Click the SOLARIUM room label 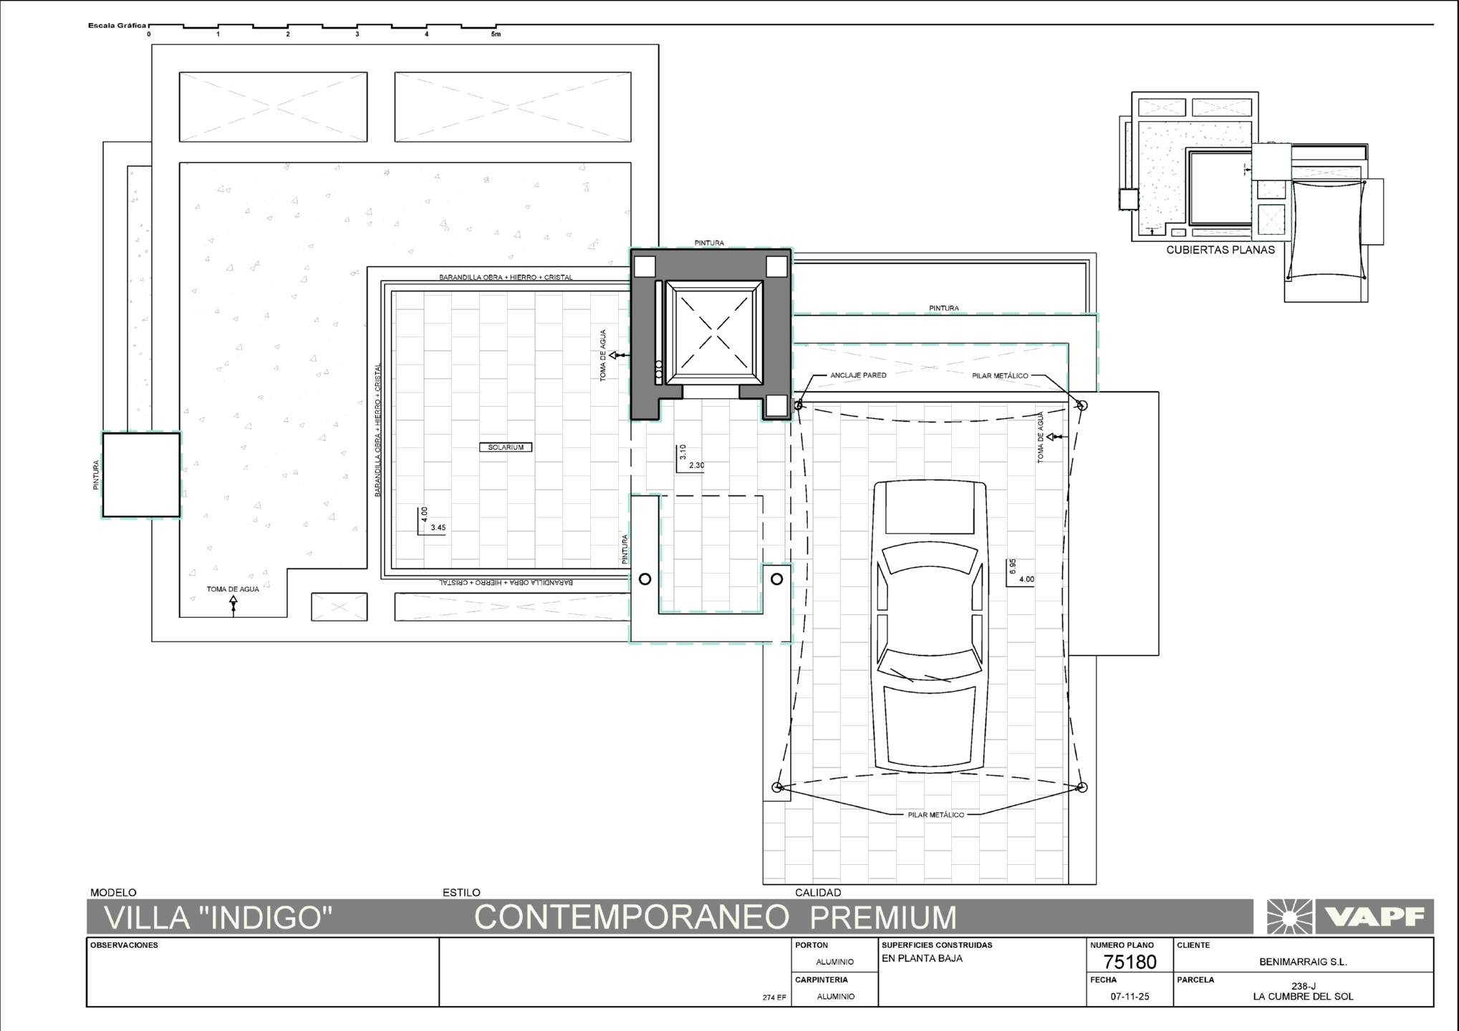[506, 447]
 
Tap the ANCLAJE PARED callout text [858, 375]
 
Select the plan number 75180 [1130, 962]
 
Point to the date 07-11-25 [1130, 997]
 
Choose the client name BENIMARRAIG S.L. [1303, 962]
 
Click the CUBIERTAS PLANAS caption [1220, 250]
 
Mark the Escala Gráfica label [117, 26]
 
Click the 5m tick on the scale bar [496, 34]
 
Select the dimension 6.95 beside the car [1013, 567]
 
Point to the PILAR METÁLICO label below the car [935, 815]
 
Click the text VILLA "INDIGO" [218, 917]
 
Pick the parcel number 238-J [1303, 986]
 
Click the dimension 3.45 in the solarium [438, 528]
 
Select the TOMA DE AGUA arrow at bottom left [233, 606]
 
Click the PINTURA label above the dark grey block [709, 243]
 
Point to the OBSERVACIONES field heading [124, 945]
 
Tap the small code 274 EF [774, 997]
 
